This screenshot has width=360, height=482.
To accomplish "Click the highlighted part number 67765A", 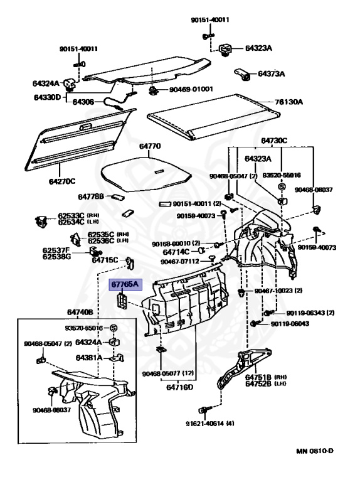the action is tap(125, 284).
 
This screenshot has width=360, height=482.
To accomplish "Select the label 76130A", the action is tap(289, 102).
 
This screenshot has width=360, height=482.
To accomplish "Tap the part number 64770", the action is tap(150, 146).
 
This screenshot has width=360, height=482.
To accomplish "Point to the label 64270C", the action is tap(62, 181).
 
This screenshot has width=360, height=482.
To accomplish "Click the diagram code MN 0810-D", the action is tap(315, 451).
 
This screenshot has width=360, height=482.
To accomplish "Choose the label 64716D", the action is tap(180, 387).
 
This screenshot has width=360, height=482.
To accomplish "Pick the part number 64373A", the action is tap(271, 74).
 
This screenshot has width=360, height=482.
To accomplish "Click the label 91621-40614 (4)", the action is tap(210, 424).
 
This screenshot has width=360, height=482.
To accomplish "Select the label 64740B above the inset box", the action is tap(80, 313).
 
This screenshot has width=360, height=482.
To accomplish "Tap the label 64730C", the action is tap(274, 141).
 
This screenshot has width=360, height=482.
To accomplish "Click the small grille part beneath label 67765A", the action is tap(122, 301).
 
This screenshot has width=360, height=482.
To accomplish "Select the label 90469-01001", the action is tap(191, 90).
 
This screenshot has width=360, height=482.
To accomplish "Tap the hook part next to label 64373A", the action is tap(243, 75).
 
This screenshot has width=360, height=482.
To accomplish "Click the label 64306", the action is tap(83, 102).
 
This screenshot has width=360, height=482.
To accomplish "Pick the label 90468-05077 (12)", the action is tap(168, 373).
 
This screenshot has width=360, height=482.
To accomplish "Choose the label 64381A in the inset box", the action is tap(89, 358).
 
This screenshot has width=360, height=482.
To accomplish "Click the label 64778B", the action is tap(91, 196).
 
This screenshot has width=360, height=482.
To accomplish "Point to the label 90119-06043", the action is tap(290, 324).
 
